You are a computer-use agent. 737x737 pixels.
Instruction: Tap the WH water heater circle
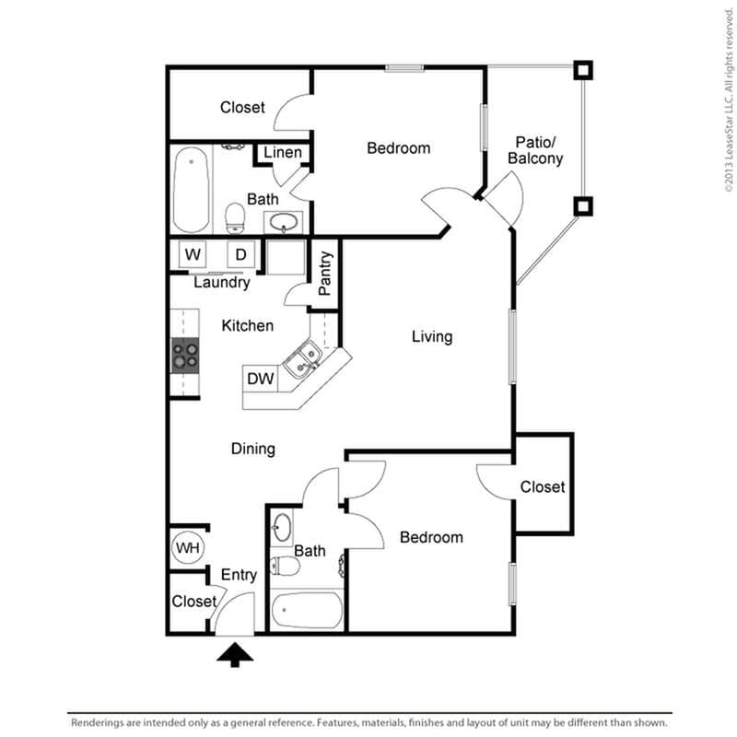click(x=187, y=548)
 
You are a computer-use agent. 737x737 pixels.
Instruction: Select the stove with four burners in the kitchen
click(x=185, y=355)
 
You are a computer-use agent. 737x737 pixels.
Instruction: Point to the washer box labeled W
click(x=193, y=254)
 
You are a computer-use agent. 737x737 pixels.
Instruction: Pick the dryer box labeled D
click(x=240, y=254)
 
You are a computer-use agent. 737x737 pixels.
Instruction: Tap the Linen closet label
click(x=283, y=152)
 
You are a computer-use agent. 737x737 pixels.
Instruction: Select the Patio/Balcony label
click(x=535, y=150)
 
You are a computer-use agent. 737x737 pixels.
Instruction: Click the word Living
click(x=431, y=336)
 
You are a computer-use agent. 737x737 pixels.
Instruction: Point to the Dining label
click(x=252, y=449)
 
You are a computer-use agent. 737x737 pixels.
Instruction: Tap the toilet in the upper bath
click(x=236, y=217)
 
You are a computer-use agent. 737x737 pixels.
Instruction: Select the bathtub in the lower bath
click(x=308, y=611)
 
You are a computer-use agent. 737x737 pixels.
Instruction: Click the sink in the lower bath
click(x=283, y=528)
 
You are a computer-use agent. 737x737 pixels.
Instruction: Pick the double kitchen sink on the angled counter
click(x=301, y=360)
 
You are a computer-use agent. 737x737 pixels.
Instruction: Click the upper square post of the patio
click(x=582, y=70)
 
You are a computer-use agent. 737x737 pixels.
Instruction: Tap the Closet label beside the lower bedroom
click(x=542, y=486)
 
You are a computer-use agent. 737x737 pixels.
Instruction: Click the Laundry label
click(x=221, y=283)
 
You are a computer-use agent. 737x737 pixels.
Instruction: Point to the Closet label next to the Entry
click(x=193, y=602)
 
